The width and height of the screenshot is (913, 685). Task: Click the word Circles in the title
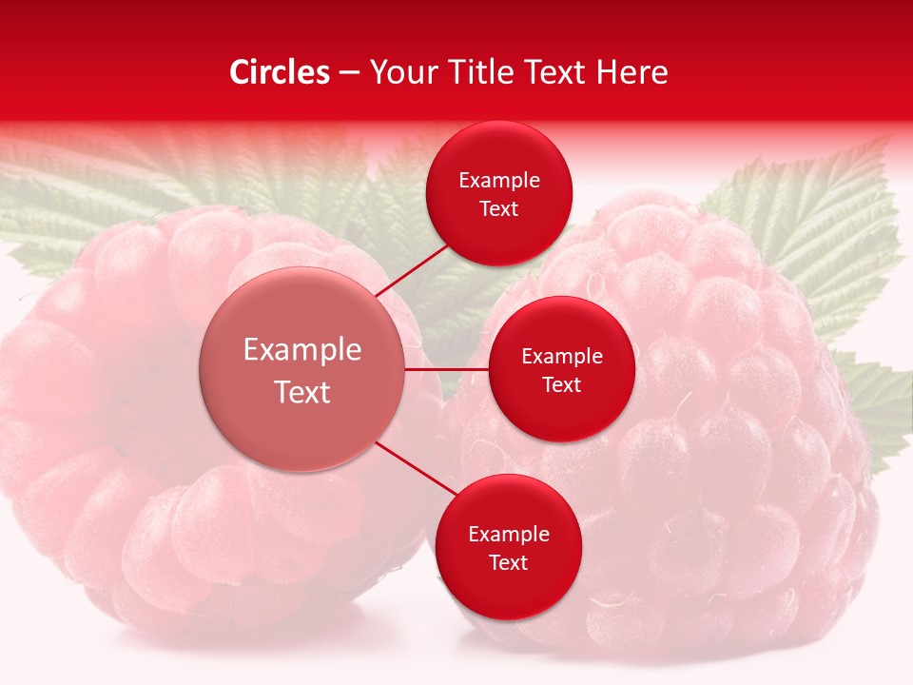[280, 72]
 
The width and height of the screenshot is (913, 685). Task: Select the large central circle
[301, 369]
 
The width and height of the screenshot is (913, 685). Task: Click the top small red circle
[498, 193]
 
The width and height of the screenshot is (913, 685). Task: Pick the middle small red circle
[561, 369]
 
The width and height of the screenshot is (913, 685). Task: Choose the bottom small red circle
[508, 547]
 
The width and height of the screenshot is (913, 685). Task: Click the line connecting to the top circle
[413, 268]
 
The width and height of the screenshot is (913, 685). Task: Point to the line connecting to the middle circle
[446, 369]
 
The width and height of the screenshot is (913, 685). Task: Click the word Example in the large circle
[301, 349]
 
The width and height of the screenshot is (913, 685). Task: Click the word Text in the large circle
[301, 392]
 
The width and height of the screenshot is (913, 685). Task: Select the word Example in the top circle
[498, 180]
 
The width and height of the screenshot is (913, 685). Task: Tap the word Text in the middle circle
[561, 384]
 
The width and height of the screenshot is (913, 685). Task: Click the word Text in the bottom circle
[508, 562]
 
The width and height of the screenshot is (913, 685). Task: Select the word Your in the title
[398, 72]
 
